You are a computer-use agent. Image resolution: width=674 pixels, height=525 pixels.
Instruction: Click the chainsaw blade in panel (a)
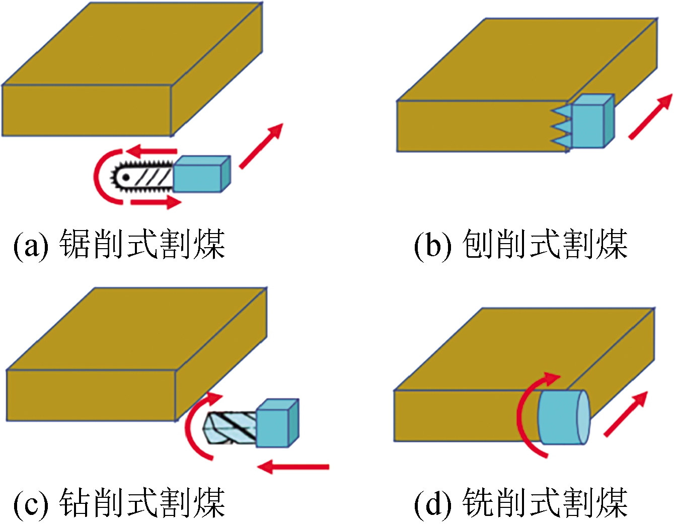coord(143,177)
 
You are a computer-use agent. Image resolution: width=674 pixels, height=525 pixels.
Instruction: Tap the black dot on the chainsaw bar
coord(126,177)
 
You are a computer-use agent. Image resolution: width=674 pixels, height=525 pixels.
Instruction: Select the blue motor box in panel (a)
coord(200,174)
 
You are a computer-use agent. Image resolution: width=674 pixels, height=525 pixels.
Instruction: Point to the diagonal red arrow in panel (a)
coord(261,145)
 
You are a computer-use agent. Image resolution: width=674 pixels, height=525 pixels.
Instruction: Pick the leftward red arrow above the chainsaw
coord(151,150)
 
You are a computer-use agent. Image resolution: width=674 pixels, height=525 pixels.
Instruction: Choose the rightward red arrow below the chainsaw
coord(156,202)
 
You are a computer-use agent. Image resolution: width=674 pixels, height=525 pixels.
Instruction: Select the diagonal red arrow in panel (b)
coord(650,117)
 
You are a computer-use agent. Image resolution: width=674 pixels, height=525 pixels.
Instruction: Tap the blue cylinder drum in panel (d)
coord(561,417)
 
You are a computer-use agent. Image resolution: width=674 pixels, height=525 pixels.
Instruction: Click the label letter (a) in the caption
coord(31,246)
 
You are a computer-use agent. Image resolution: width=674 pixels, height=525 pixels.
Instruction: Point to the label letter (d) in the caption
coord(432,503)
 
